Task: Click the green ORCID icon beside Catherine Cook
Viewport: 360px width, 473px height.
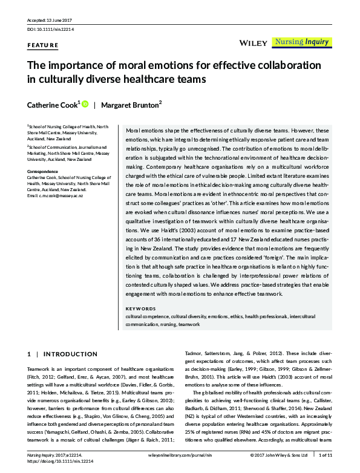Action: pyautogui.click(x=85, y=104)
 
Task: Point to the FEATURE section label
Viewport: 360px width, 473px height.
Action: pyautogui.click(x=43, y=45)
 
